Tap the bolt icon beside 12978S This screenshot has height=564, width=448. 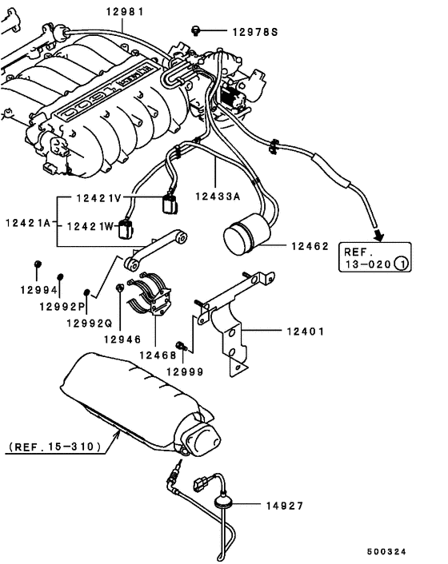click(195, 30)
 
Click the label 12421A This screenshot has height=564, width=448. click(28, 220)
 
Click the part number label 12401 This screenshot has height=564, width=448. click(300, 329)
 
